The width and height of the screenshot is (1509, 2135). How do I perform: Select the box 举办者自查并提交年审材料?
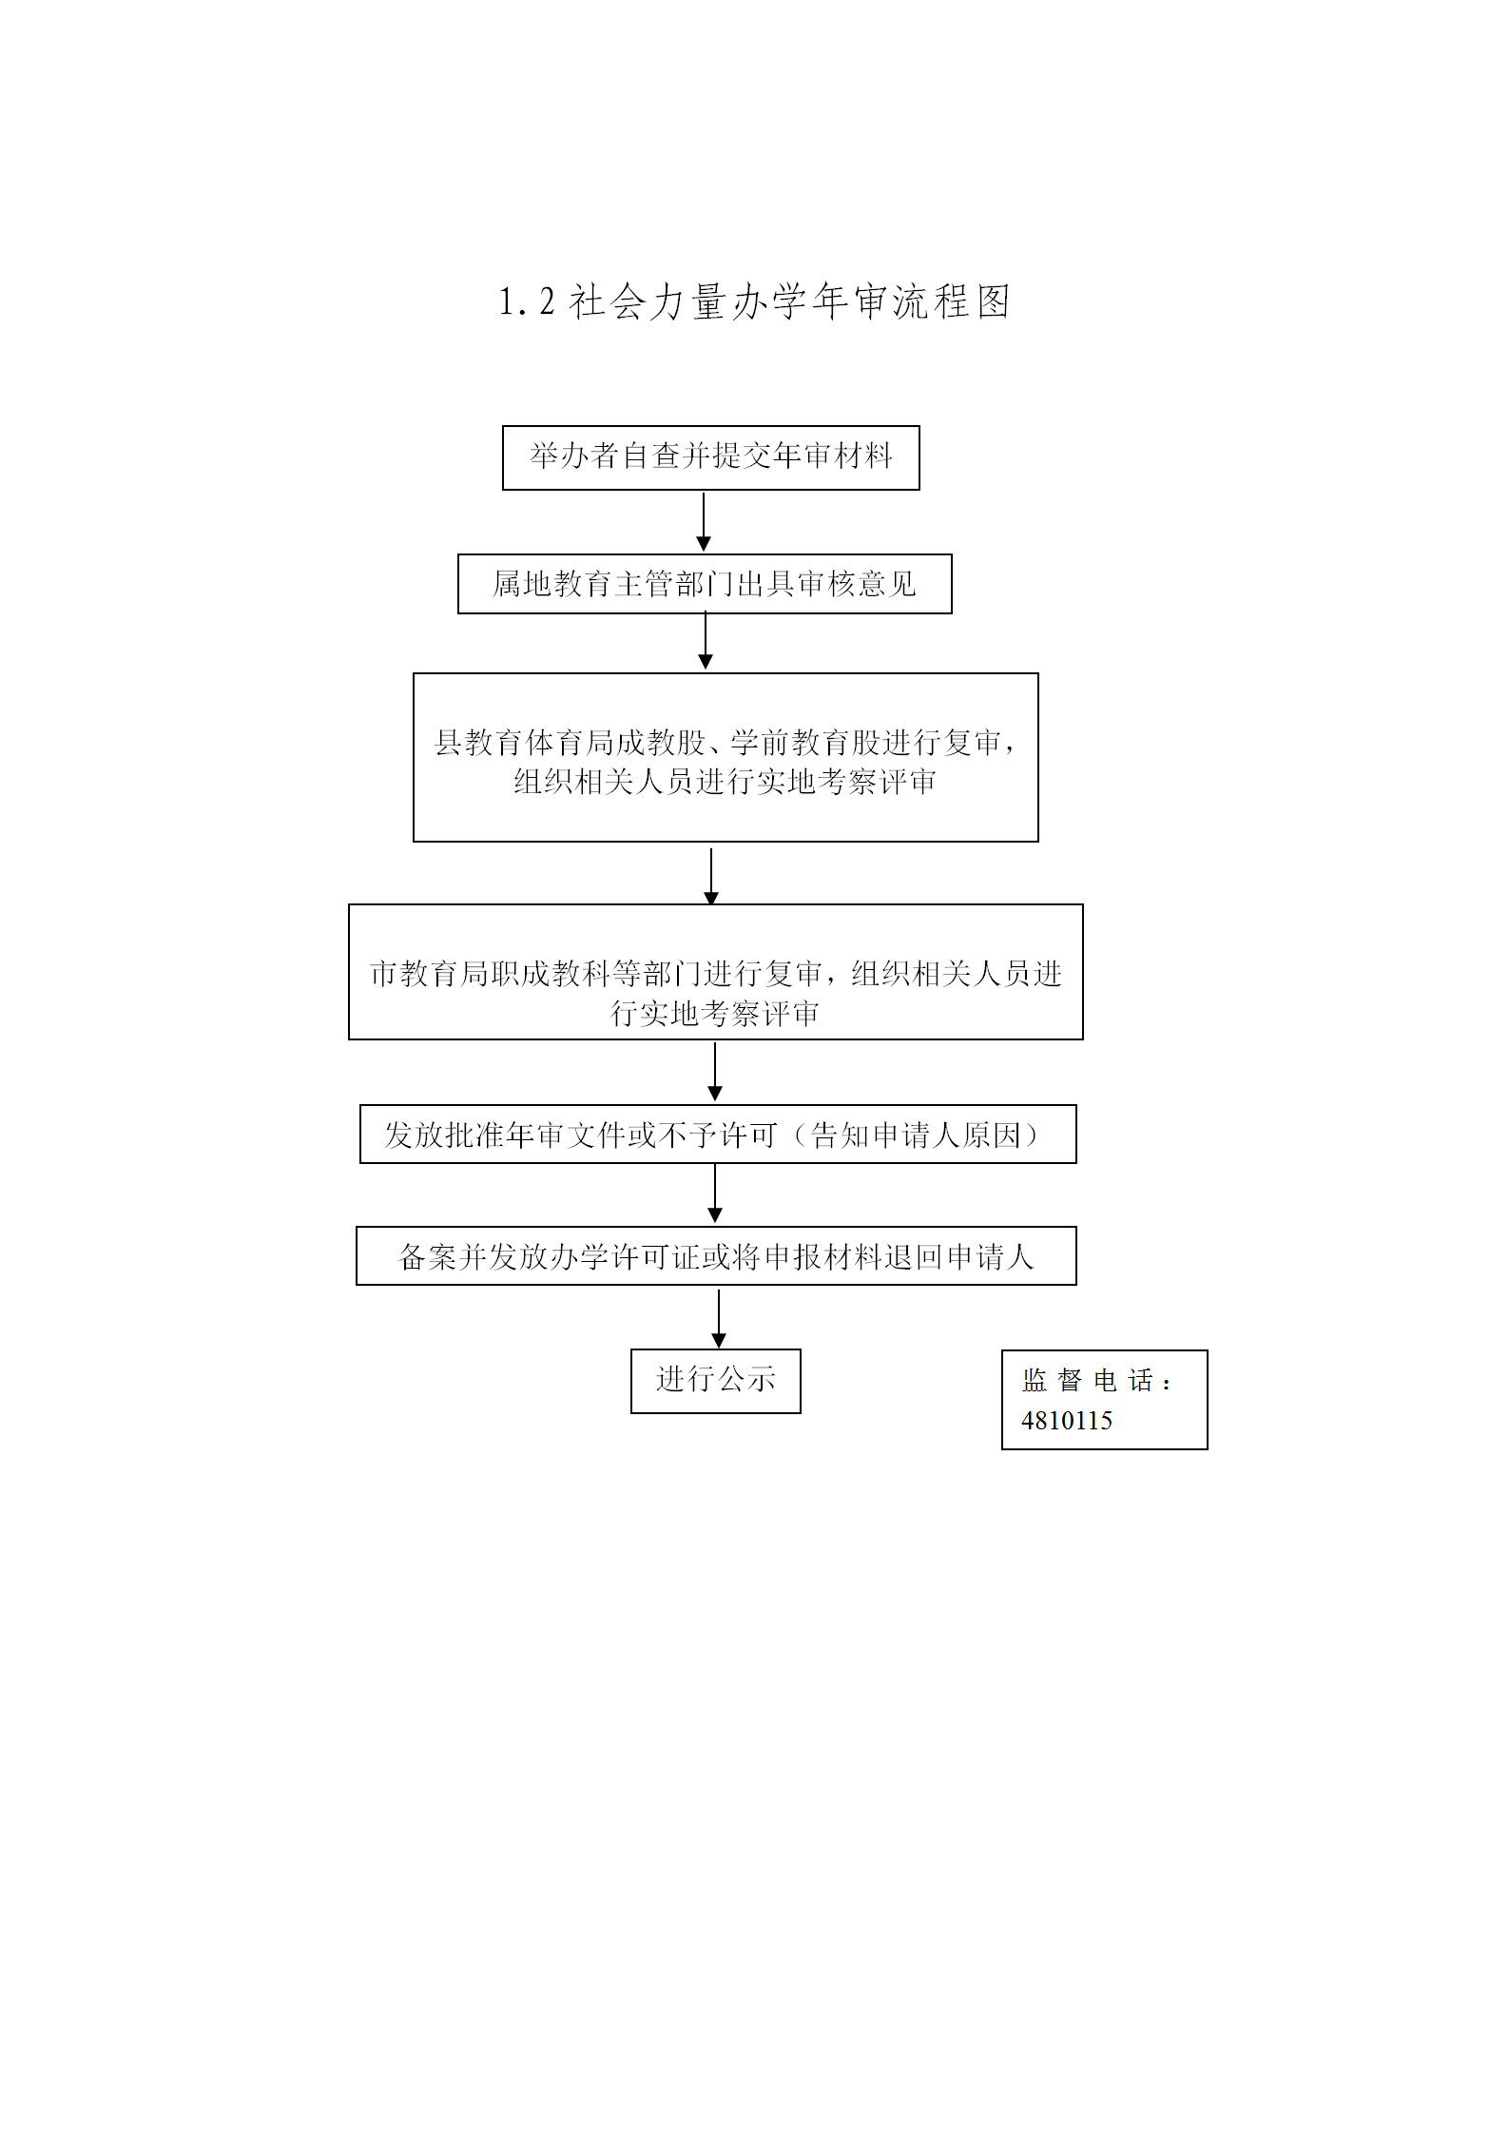pyautogui.click(x=711, y=457)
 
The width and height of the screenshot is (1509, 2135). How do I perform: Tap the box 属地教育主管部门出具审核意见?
pyautogui.click(x=705, y=584)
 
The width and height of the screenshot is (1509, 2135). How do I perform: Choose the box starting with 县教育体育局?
pyautogui.click(x=725, y=758)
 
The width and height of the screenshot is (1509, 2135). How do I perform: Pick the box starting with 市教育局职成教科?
pyautogui.click(x=716, y=972)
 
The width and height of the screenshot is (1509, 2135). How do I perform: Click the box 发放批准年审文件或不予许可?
pyautogui.click(x=718, y=1135)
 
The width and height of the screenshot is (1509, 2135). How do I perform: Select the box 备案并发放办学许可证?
pyautogui.click(x=716, y=1256)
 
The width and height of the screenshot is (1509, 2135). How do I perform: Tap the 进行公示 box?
pyautogui.click(x=716, y=1381)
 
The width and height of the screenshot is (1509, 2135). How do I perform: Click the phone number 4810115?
pyautogui.click(x=1067, y=1421)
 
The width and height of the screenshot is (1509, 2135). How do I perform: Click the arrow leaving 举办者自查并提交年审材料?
pyautogui.click(x=704, y=522)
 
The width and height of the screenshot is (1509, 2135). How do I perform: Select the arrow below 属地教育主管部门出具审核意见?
pyautogui.click(x=706, y=642)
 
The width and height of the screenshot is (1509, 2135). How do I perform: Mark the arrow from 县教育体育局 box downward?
pyautogui.click(x=711, y=877)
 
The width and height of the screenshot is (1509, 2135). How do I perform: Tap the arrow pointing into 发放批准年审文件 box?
pyautogui.click(x=715, y=1072)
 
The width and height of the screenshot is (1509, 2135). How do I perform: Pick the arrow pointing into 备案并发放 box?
pyautogui.click(x=715, y=1194)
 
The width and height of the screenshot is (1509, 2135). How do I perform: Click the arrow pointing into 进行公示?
pyautogui.click(x=719, y=1319)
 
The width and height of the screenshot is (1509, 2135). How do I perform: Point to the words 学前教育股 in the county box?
pyautogui.click(x=806, y=743)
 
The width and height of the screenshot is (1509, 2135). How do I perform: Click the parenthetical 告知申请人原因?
pyautogui.click(x=916, y=1135)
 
